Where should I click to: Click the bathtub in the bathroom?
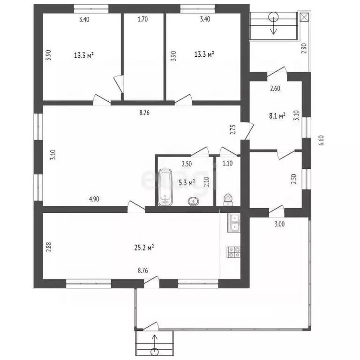pos(165,187)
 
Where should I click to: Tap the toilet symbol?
pos(228,200)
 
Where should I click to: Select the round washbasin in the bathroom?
pos(193,202)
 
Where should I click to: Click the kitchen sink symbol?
pos(233,223)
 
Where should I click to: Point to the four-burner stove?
pos(233,251)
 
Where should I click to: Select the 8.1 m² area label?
pos(277,115)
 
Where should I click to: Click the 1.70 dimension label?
pos(142,19)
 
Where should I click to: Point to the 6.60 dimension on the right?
pos(321,140)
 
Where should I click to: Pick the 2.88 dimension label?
pos(48,247)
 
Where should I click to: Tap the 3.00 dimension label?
pos(279,224)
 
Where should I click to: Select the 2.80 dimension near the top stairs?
pos(303,48)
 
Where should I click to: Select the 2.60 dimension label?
pos(275,88)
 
